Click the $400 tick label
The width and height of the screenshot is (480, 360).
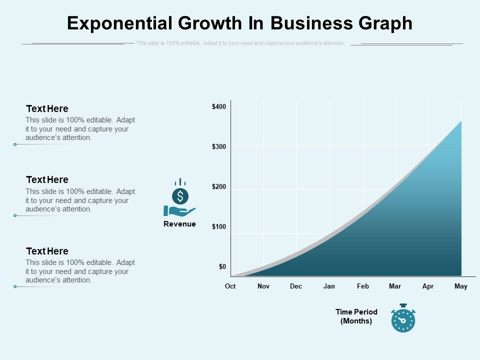(219, 106)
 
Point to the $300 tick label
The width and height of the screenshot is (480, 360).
(219, 146)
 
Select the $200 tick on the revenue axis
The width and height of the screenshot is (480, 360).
(219, 186)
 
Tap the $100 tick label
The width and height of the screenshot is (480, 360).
(219, 226)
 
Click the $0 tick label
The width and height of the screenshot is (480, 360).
(222, 266)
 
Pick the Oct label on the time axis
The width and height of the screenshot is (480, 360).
(230, 286)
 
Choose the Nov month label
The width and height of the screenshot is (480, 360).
(263, 286)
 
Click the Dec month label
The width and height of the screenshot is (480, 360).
(296, 286)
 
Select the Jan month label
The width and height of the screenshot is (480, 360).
(329, 286)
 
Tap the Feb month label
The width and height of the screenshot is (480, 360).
(363, 286)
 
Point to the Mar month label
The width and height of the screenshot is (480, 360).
(395, 286)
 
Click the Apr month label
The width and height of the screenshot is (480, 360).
(428, 286)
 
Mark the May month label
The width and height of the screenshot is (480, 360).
(461, 286)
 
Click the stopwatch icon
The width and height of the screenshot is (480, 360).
(403, 318)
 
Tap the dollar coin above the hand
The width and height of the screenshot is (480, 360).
(180, 195)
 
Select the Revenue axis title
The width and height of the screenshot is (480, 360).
(179, 224)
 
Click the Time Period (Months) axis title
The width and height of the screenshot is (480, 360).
(356, 316)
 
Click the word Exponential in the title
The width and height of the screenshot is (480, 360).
(121, 23)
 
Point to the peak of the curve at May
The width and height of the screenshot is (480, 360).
(461, 121)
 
